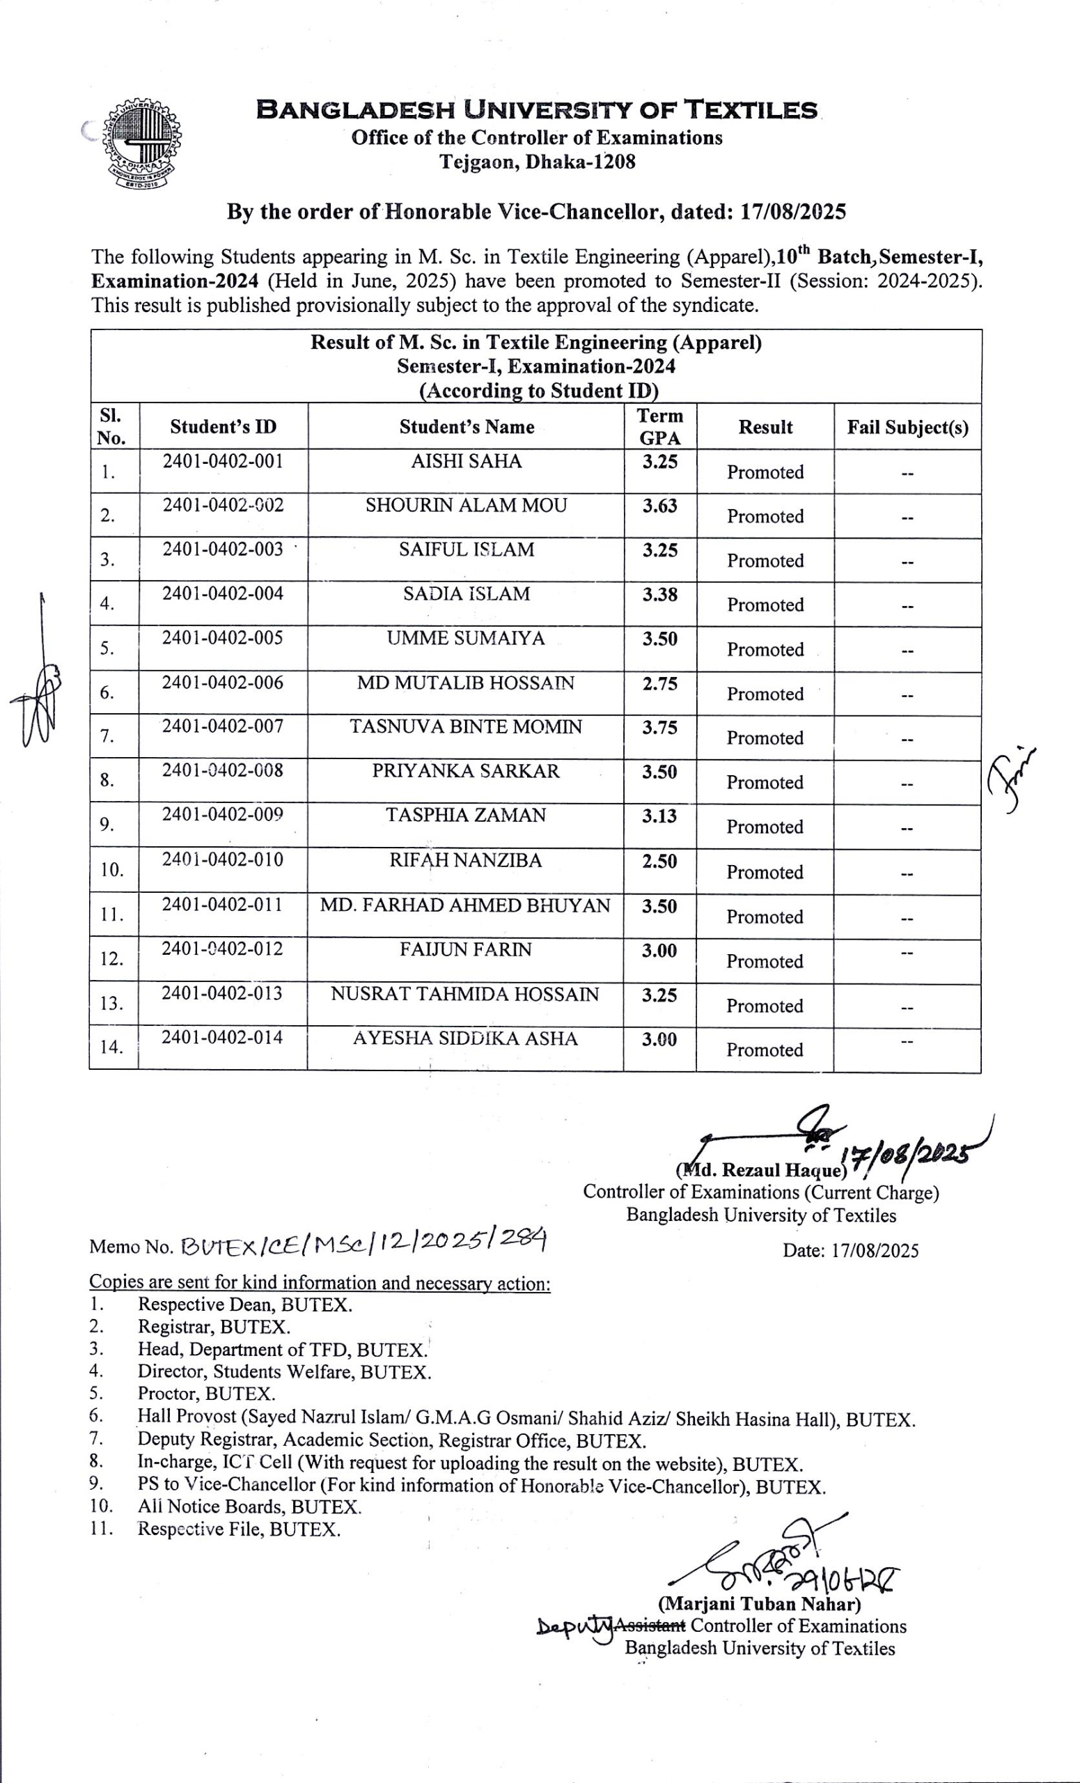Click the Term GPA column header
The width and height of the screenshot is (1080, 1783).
pos(659,426)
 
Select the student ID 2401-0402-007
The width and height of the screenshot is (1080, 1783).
pos(223,726)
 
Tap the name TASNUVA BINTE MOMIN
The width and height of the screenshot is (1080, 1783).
pos(466,726)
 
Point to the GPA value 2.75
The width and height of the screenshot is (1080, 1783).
pos(659,683)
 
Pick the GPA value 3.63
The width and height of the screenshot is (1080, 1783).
pos(659,506)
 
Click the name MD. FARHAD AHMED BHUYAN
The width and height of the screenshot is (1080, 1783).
pos(465,905)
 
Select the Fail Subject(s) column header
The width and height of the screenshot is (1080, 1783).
pos(907,427)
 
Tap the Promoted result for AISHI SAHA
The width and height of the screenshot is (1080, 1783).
pos(765,472)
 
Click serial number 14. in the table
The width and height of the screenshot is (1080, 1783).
pos(111,1046)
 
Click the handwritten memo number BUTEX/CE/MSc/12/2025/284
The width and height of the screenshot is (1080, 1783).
pos(364,1243)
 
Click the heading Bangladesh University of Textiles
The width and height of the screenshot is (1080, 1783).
pos(537,111)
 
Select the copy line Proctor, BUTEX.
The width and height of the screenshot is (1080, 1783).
pos(206,1393)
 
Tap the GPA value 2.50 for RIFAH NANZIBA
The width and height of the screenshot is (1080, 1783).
pos(659,861)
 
